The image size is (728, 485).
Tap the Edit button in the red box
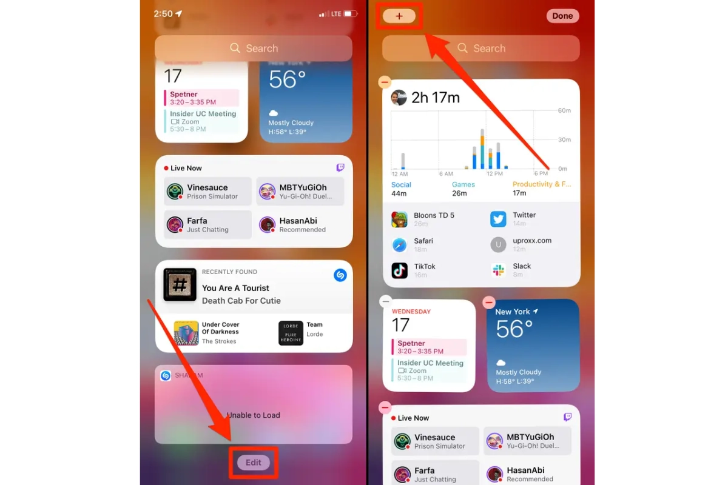(x=254, y=463)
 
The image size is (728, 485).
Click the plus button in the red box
(x=399, y=16)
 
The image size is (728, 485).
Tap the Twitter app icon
(x=498, y=219)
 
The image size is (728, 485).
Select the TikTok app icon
(x=399, y=270)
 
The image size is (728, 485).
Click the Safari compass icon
(x=399, y=245)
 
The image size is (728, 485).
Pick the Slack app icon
(x=498, y=270)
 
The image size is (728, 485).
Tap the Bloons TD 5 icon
(x=399, y=219)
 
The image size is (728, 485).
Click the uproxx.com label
(x=532, y=241)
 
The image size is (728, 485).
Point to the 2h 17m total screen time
(x=435, y=98)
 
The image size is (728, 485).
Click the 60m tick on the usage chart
(x=564, y=111)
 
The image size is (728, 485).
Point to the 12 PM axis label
(x=495, y=174)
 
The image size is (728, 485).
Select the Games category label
(x=463, y=184)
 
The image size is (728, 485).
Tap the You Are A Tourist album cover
(x=180, y=284)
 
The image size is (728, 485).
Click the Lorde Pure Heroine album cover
(x=291, y=333)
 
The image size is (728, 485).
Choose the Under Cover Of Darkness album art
(x=186, y=333)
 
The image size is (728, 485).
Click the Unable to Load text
(x=254, y=415)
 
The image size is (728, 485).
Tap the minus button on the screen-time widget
(x=385, y=82)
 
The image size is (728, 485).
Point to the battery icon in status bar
(x=351, y=13)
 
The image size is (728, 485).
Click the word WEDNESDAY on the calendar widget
(x=411, y=312)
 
